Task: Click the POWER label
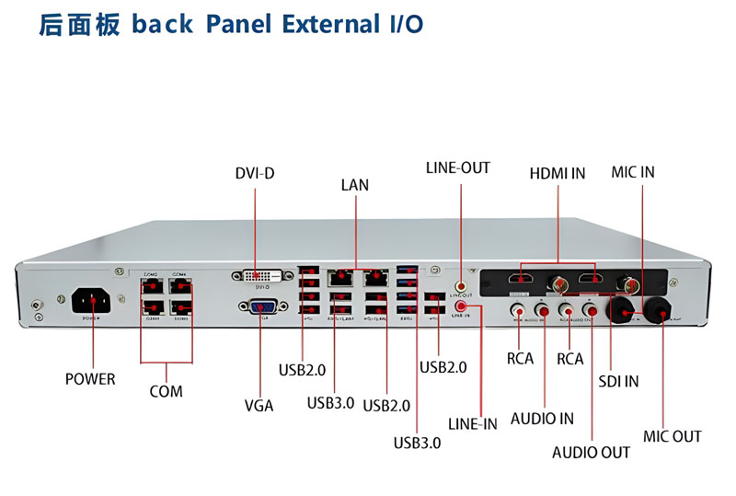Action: tap(90, 378)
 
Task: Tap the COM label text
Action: tap(166, 391)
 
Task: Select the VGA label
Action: tap(259, 405)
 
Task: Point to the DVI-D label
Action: tap(255, 172)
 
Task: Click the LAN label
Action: tap(354, 185)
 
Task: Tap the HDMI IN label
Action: tap(557, 172)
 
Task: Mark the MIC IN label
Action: tap(633, 172)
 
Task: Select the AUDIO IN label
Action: tap(542, 419)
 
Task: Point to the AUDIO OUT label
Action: tap(592, 452)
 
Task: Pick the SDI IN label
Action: tap(618, 381)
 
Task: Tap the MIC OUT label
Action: tap(672, 436)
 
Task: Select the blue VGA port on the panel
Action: tap(260, 307)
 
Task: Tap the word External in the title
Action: tap(325, 24)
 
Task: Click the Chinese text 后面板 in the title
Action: tap(79, 24)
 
